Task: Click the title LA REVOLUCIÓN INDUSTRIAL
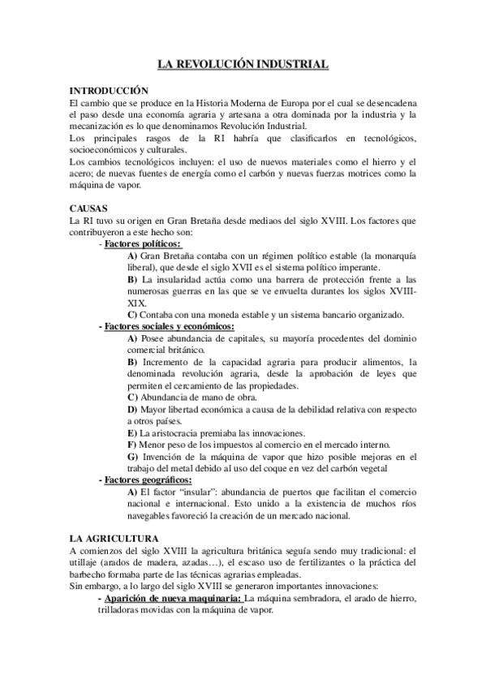coord(243,62)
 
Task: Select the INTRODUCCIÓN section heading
coord(109,92)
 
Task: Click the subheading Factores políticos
coord(143,243)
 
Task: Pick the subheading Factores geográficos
coord(146,480)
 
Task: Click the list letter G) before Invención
coord(133,457)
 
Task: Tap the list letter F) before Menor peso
coord(132,445)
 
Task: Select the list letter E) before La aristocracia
coord(132,432)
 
